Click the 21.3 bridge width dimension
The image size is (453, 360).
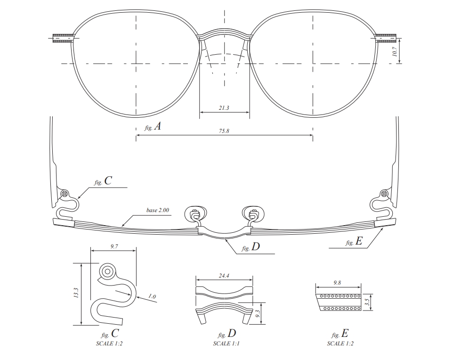(224, 108)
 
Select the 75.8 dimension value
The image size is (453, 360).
(224, 131)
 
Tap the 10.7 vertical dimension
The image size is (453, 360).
(395, 51)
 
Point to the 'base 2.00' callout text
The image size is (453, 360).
(157, 210)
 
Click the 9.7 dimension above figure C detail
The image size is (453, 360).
(114, 246)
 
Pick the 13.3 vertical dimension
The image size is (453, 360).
(76, 293)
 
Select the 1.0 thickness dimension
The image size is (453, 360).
(152, 296)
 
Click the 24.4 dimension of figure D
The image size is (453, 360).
(224, 276)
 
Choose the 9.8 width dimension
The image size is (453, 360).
(337, 283)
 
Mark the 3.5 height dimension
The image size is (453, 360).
(367, 303)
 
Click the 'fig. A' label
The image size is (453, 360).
(153, 126)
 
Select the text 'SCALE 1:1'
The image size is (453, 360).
(226, 344)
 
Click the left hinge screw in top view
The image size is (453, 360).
(65, 193)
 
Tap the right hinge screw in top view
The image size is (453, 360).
(384, 193)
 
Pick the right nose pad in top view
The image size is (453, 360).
(253, 213)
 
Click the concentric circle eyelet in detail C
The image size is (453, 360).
(107, 271)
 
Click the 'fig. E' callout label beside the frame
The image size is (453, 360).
(354, 241)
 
